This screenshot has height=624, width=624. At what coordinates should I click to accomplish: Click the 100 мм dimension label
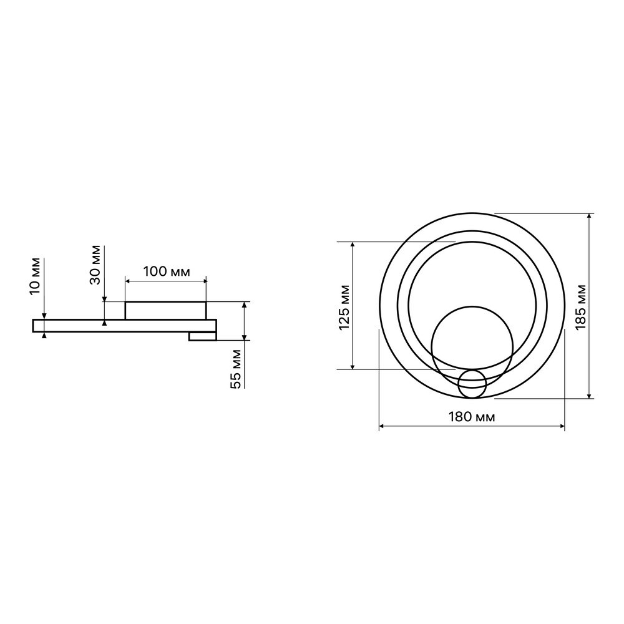point(167,272)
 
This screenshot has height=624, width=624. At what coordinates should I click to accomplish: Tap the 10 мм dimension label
point(35,276)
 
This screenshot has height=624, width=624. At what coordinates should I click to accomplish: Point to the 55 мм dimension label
point(236,369)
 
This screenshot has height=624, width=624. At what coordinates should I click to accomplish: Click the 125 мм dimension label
point(344,308)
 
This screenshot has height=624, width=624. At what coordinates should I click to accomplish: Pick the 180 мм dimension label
point(472,417)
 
